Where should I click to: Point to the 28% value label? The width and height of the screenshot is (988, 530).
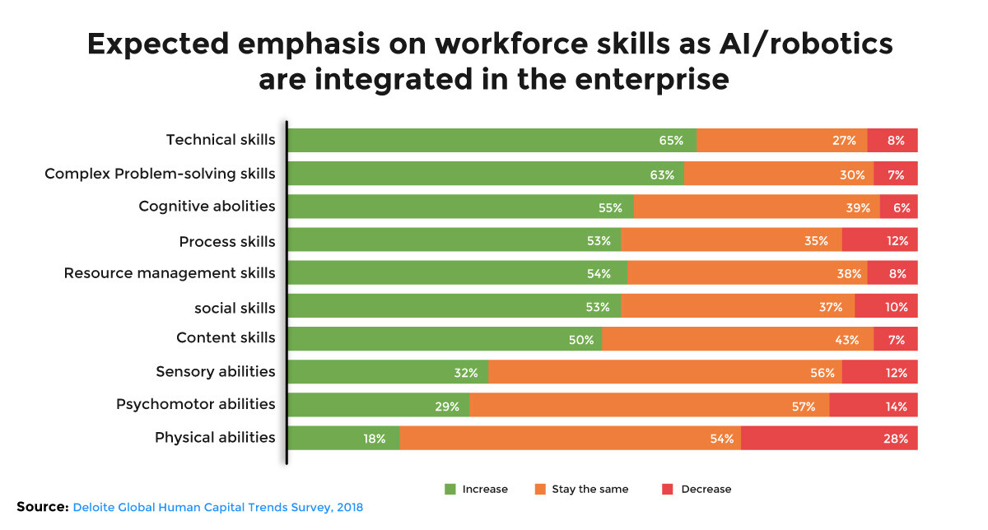click(x=896, y=439)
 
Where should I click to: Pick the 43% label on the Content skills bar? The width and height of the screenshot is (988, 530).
click(x=847, y=339)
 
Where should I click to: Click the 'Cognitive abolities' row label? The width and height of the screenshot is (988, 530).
click(x=207, y=207)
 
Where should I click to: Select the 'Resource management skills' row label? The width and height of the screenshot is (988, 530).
click(x=170, y=273)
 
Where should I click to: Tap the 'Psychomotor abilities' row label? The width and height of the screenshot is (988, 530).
click(x=195, y=405)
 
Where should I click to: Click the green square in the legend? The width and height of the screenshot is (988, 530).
click(x=450, y=489)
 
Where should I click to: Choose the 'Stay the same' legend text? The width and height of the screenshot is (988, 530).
click(x=590, y=489)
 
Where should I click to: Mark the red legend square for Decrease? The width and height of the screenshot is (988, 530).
click(x=668, y=489)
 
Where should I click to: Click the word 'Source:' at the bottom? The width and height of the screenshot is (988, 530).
click(x=42, y=507)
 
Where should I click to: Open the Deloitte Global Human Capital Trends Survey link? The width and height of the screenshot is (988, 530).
click(x=218, y=508)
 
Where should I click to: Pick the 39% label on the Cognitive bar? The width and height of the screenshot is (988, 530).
click(x=857, y=207)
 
